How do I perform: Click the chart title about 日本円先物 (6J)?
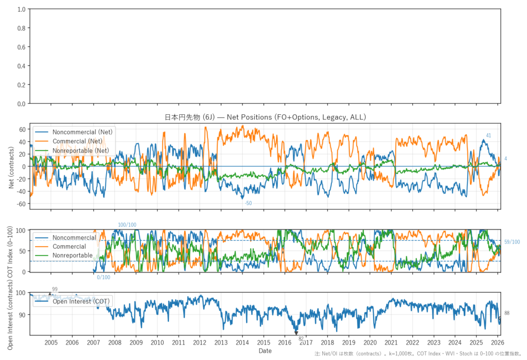coord(265,117)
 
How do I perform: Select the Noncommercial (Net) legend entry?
coord(83,132)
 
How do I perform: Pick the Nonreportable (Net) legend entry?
coord(83,150)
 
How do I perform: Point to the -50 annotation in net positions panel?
coord(248,203)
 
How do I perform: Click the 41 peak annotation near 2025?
coord(488,135)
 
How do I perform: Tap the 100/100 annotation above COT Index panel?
coord(128,225)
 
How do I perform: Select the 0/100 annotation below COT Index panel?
coord(103,278)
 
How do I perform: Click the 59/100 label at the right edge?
coord(512,242)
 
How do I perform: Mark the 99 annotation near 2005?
coord(55,289)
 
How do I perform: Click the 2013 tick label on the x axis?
coord(221,342)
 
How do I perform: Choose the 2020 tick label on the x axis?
coord(370,342)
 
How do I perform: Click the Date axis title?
coord(265,351)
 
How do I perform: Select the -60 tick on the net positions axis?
coord(20,204)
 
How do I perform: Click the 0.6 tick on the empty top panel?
coord(21,47)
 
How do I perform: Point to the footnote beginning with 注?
coord(419,354)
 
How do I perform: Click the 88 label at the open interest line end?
coord(507,313)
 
